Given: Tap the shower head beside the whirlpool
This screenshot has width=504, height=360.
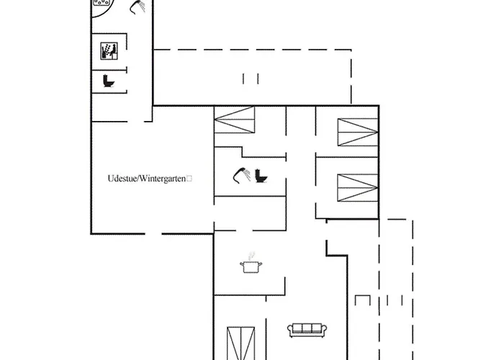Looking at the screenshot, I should (136, 7).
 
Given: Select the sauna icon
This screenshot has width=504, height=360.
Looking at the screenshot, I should (107, 51).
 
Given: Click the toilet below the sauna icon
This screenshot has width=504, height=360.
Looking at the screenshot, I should (109, 81).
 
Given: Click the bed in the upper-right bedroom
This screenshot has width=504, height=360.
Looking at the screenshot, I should (358, 131).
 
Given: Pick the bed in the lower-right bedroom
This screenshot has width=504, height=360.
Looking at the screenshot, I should (358, 186).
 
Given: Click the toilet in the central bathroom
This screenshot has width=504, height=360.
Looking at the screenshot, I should (261, 176).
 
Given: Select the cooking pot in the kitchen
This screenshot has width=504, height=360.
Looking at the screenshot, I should (251, 266).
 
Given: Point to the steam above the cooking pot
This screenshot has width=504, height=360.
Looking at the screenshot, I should (251, 255).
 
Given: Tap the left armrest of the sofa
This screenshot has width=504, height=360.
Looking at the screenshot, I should (290, 330).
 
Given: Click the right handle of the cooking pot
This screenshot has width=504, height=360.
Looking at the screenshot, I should (260, 265).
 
